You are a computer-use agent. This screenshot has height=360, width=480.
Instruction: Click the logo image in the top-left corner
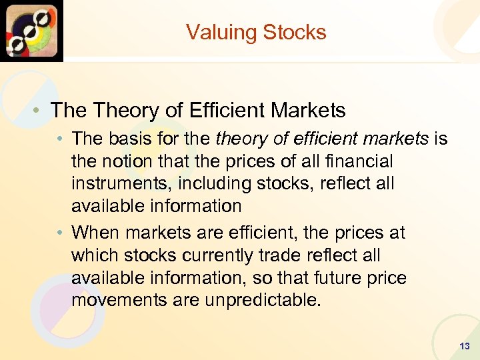[31, 31]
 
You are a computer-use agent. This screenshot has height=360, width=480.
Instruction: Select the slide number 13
[464, 346]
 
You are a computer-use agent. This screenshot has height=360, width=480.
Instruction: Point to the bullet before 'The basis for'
[61, 139]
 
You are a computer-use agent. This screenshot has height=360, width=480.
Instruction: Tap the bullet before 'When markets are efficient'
[61, 233]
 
